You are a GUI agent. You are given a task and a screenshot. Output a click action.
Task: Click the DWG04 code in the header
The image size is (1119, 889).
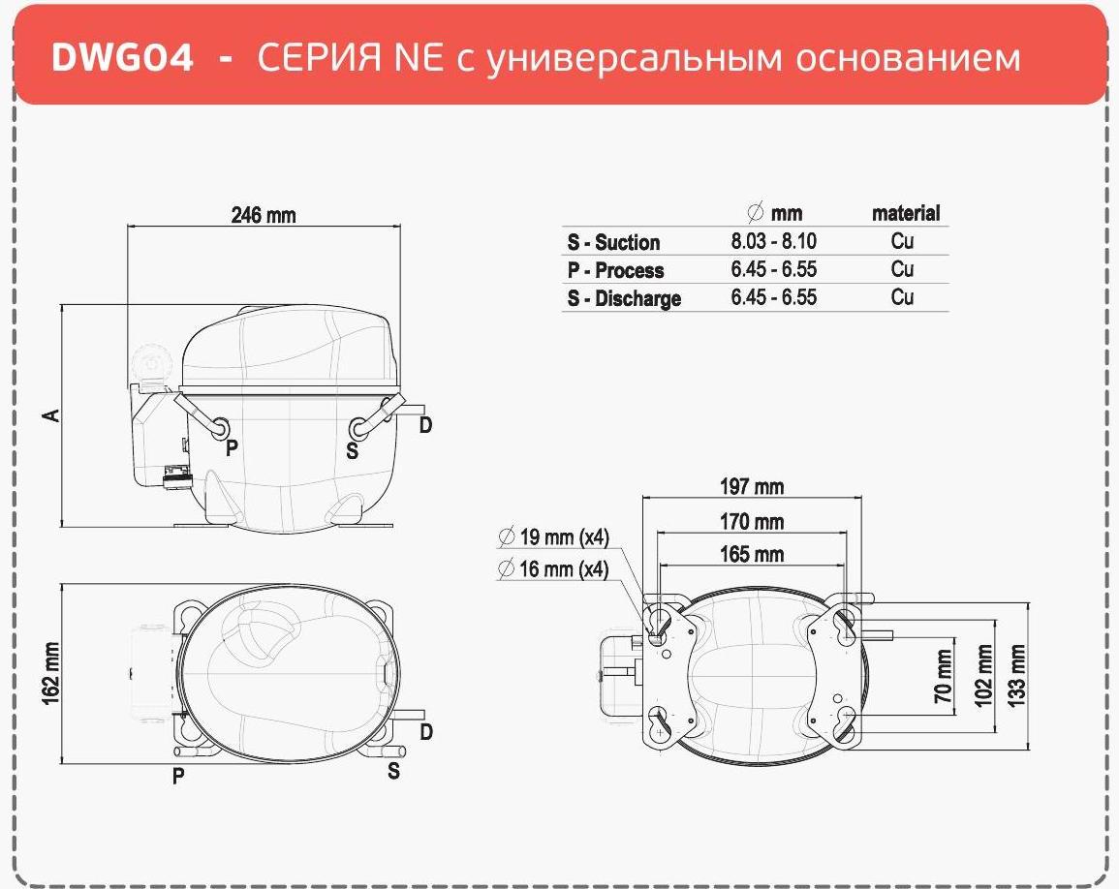(122, 57)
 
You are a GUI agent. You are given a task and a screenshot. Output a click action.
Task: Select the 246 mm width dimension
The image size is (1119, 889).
(264, 215)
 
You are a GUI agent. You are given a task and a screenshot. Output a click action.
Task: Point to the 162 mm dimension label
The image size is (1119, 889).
(51, 673)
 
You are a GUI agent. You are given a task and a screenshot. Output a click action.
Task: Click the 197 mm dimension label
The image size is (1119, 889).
(752, 486)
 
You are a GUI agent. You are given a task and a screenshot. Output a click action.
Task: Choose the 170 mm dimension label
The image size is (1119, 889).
(752, 522)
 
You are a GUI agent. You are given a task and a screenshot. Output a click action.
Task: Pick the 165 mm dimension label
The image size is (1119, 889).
(752, 554)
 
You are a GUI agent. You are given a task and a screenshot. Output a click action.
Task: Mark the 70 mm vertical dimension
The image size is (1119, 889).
(944, 676)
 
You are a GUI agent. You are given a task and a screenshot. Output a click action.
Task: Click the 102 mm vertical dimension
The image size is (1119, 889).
(983, 676)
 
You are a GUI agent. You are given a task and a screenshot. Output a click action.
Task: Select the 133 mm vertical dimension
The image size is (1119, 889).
(1016, 676)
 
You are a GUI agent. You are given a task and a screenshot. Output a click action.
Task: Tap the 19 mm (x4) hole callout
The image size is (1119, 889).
(554, 536)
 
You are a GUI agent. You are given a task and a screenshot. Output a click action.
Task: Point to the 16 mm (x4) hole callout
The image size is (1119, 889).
(554, 568)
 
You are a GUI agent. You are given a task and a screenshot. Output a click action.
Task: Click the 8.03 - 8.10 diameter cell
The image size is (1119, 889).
(773, 241)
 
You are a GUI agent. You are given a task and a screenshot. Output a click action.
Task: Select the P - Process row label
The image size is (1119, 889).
(615, 270)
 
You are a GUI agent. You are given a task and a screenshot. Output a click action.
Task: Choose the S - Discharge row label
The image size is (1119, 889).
(625, 298)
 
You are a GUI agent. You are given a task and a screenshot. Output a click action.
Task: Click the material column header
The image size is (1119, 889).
(906, 213)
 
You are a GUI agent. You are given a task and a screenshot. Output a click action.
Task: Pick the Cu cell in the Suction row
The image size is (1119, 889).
(902, 241)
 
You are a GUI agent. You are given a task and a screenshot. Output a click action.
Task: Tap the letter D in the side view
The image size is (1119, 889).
(425, 425)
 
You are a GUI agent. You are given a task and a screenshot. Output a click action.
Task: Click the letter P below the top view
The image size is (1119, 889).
(178, 776)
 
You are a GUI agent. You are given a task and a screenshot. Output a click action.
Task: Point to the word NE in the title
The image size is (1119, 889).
(419, 57)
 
